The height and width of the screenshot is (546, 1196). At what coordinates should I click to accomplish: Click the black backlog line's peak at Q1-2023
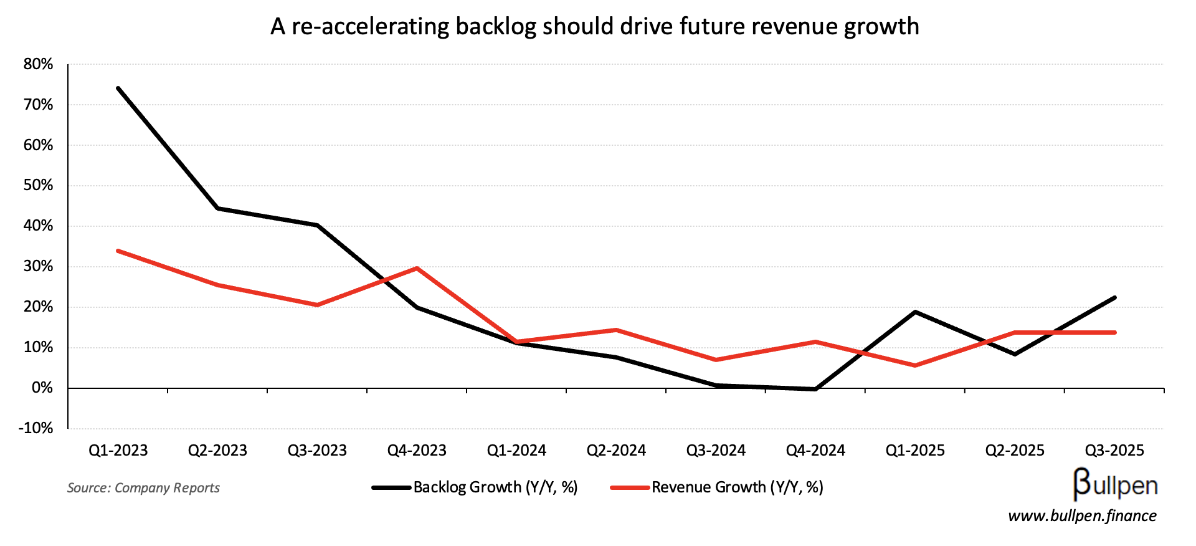click(118, 89)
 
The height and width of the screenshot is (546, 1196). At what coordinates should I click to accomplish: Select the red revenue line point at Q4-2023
click(417, 269)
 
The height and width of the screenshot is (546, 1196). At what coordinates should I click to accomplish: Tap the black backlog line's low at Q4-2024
click(815, 390)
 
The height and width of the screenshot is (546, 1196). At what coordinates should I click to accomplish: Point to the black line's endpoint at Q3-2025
click(1114, 298)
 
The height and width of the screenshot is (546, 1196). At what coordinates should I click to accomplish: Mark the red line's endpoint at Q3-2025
click(1114, 333)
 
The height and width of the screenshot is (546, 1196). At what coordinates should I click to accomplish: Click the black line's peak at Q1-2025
click(915, 312)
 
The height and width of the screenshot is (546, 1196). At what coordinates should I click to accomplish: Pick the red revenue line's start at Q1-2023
click(118, 251)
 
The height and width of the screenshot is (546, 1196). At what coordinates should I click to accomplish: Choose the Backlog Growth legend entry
click(475, 487)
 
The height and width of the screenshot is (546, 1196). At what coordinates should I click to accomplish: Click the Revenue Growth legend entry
click(717, 487)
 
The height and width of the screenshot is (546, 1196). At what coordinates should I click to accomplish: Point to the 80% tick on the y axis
click(39, 64)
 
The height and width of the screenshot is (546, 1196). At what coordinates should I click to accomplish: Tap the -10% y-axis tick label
click(36, 428)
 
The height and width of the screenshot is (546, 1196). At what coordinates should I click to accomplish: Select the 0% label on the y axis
click(42, 388)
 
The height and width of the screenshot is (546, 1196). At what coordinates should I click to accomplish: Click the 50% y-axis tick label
click(39, 186)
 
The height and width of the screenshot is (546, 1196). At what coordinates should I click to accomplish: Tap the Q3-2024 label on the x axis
click(716, 451)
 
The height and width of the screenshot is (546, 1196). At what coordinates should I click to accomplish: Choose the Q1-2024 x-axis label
click(516, 451)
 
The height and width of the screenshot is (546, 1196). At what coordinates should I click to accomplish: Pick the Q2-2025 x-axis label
click(1015, 451)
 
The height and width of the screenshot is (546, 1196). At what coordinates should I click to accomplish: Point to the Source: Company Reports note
click(143, 488)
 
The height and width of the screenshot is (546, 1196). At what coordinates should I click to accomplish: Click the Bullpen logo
click(1115, 485)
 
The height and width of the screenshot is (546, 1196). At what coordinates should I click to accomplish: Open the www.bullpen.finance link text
click(1082, 516)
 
